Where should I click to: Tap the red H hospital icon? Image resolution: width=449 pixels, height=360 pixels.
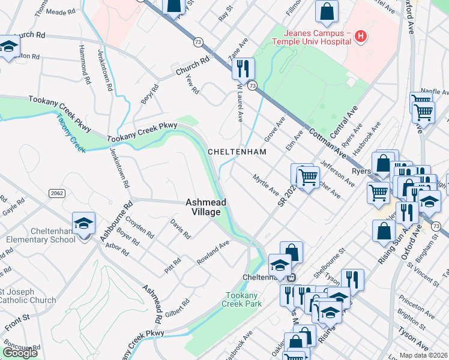(361, 37)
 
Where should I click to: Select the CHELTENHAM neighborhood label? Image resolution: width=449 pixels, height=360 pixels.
(237, 152)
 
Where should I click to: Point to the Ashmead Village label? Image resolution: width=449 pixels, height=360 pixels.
(206, 207)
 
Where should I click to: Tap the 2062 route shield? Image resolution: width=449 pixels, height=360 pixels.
(56, 193)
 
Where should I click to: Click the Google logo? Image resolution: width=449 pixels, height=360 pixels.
(20, 353)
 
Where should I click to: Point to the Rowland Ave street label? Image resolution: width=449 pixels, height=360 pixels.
(213, 254)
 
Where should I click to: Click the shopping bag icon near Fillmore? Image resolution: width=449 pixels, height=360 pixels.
(327, 11)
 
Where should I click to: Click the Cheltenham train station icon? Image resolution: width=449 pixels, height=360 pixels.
(292, 278)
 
